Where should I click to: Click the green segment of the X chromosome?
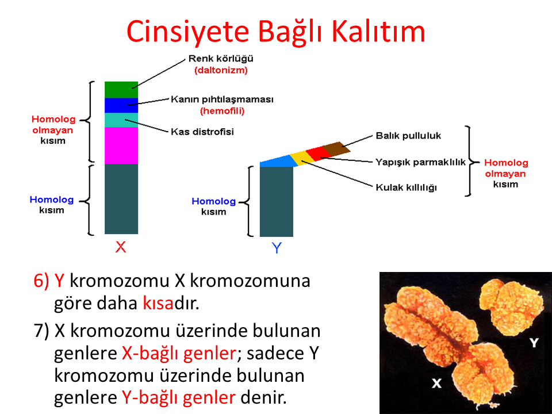point(121,90)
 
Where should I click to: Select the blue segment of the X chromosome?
point(121,105)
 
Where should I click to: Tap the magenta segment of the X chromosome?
point(121,145)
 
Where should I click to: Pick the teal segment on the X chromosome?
point(121,120)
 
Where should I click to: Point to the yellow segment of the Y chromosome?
point(302,158)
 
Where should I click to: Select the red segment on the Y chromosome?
point(318,154)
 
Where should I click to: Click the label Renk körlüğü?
point(221,59)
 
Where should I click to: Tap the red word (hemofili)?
point(222,111)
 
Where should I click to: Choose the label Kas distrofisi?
point(202,132)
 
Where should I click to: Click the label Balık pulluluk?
point(408,136)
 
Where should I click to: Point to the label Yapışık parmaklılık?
point(420,162)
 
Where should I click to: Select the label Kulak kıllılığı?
point(407,187)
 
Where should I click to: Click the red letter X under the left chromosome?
point(120,247)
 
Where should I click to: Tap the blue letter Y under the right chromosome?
point(277,248)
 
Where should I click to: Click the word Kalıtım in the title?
point(378,31)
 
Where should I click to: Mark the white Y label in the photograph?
point(534,342)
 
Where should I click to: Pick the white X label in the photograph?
point(436,383)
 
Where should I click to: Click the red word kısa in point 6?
point(158,302)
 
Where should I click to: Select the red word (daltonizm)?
point(221,70)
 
